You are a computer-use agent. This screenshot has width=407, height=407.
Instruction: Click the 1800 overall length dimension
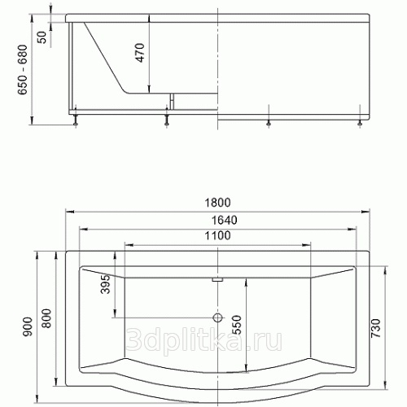(x=217, y=203)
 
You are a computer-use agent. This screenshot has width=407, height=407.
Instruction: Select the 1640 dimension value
(x=224, y=220)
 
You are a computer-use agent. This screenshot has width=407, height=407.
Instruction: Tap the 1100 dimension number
(x=217, y=235)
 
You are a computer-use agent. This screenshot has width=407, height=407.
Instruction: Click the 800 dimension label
(x=46, y=318)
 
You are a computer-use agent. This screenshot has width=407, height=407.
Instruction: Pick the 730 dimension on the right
(x=376, y=328)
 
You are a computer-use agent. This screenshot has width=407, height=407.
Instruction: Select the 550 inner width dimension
(x=236, y=325)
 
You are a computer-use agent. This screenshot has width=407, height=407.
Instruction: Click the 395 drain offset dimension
(x=106, y=284)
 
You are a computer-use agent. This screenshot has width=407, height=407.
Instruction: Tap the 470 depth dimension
(x=140, y=53)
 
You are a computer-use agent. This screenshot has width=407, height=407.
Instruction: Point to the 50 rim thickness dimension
(x=42, y=37)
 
